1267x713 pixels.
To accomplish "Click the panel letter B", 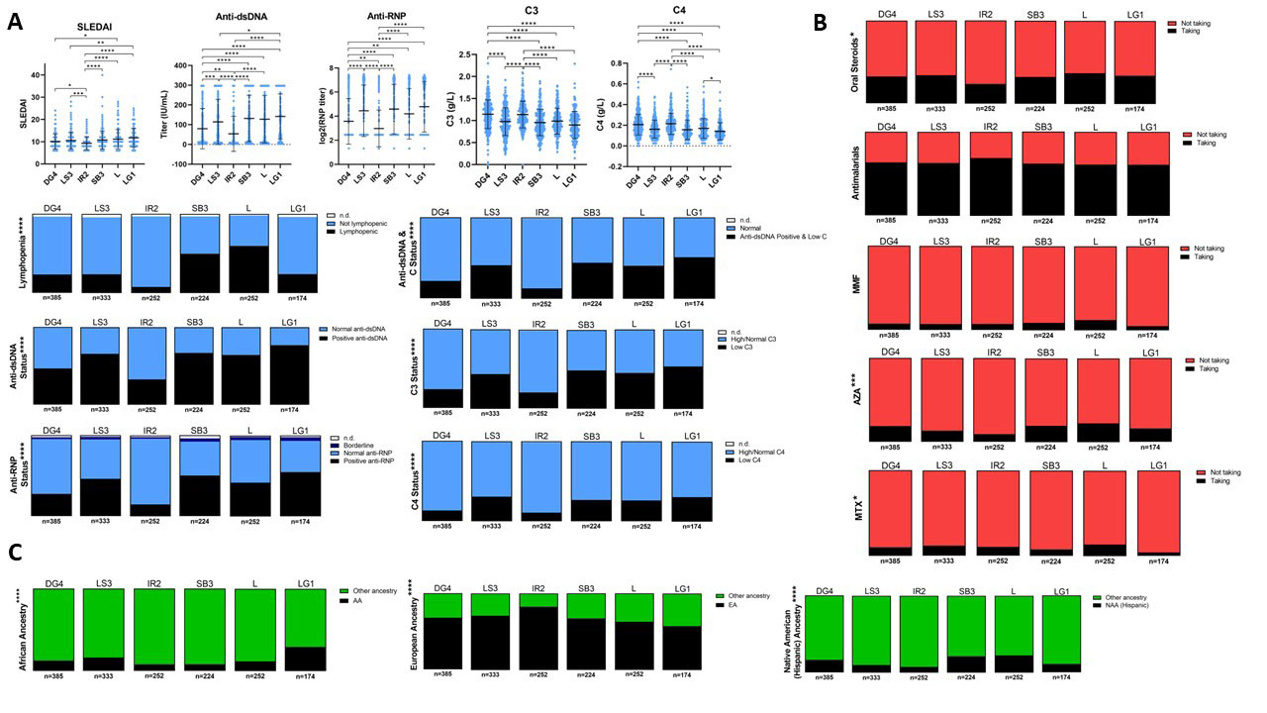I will pos(821,19).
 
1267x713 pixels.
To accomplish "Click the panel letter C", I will pos(14,552).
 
